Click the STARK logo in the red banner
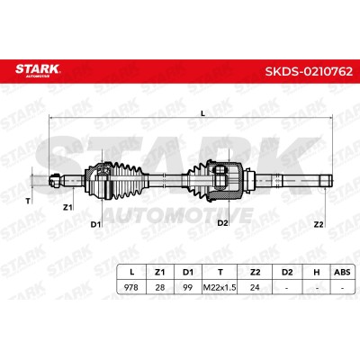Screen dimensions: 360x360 click(38, 70)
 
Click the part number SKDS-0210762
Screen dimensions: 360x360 click(309, 71)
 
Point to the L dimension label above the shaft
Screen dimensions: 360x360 click(202, 113)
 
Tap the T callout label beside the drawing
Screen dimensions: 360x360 click(28, 201)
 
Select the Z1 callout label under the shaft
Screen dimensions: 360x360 click(67, 207)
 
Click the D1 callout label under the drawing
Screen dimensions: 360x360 click(95, 224)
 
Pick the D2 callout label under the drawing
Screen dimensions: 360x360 click(222, 223)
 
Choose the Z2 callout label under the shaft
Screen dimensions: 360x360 click(318, 224)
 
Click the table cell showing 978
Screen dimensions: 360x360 click(131, 287)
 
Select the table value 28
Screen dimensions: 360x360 click(160, 287)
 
